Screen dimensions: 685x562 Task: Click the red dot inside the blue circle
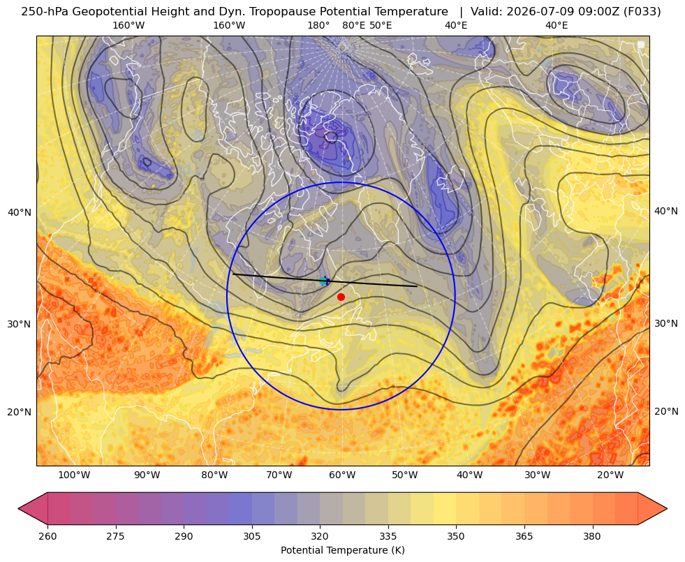pyautogui.click(x=341, y=297)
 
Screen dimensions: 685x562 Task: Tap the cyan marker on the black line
pyautogui.click(x=323, y=281)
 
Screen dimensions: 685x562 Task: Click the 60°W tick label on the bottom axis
pyautogui.click(x=342, y=475)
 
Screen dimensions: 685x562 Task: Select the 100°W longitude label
pyautogui.click(x=74, y=475)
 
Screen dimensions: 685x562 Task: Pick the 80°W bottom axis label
pyautogui.click(x=214, y=475)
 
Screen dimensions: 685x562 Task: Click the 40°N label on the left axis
pyautogui.click(x=20, y=212)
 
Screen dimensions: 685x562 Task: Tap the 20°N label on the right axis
pyautogui.click(x=666, y=411)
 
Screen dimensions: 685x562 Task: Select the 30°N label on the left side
pyautogui.click(x=20, y=324)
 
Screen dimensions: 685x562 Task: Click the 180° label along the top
pyautogui.click(x=318, y=25)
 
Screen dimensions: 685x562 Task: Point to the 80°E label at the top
pyautogui.click(x=354, y=25)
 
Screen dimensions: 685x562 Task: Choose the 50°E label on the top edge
pyautogui.click(x=381, y=25)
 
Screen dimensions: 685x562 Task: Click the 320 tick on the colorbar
pyautogui.click(x=320, y=535)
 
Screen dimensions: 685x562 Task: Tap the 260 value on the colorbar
pyautogui.click(x=47, y=535)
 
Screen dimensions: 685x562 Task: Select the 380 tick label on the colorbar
pyautogui.click(x=592, y=535)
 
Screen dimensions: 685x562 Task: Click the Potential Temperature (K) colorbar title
pyautogui.click(x=342, y=550)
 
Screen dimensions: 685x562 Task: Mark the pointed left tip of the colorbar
pyautogui.click(x=18, y=508)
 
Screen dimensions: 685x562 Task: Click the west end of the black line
pyautogui.click(x=233, y=274)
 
